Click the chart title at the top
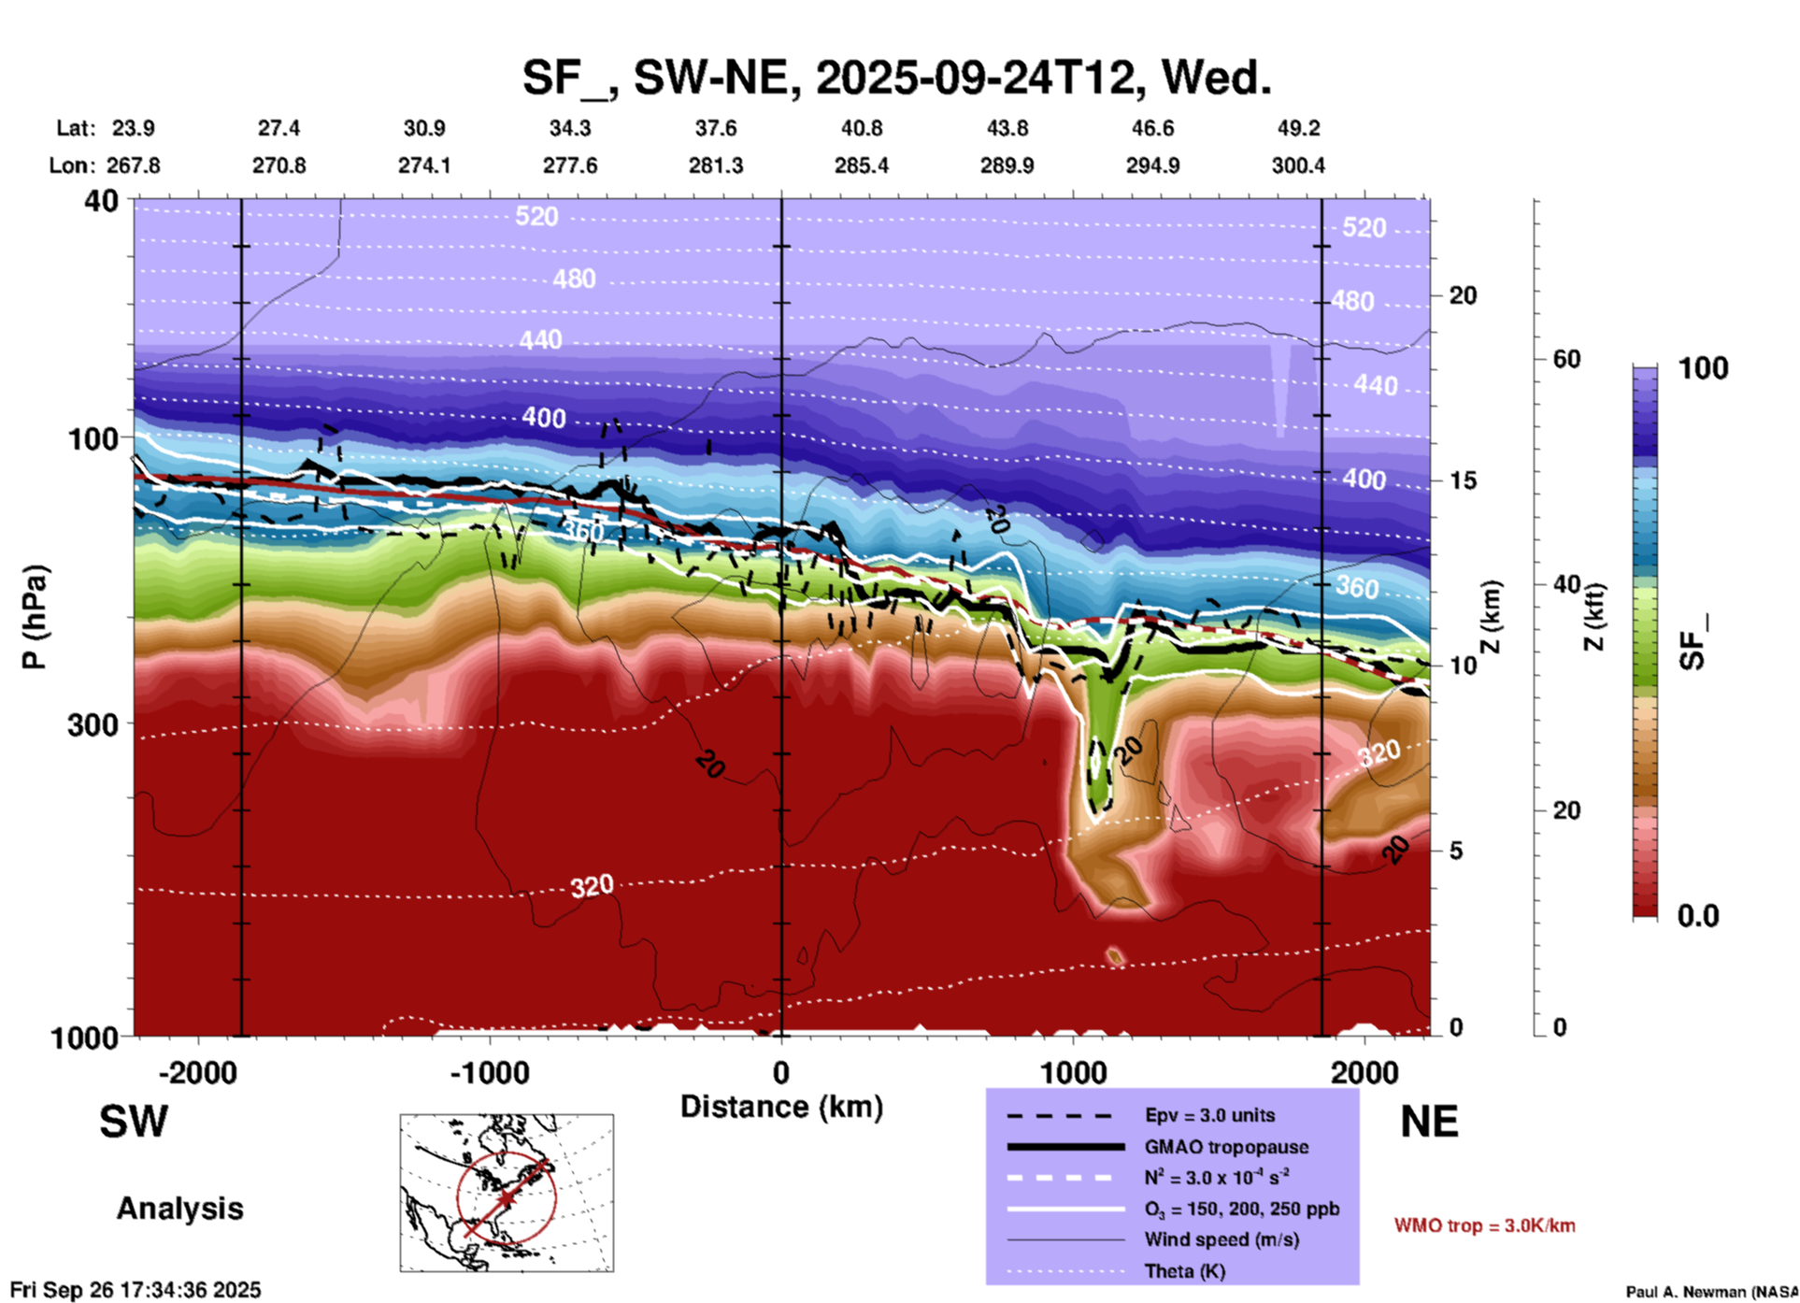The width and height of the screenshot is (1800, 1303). click(896, 78)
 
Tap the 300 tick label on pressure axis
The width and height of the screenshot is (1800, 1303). click(93, 724)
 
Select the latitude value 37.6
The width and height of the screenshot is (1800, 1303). click(715, 128)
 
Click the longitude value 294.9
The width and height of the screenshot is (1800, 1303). click(1151, 165)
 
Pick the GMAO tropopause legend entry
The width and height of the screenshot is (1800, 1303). click(1226, 1147)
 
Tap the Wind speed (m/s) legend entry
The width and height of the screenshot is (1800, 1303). click(1208, 1239)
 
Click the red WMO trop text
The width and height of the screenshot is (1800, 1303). click(1484, 1225)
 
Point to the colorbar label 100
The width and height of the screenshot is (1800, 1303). click(1703, 368)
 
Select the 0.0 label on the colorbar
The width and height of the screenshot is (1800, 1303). click(1698, 916)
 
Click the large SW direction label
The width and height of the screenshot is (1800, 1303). click(134, 1122)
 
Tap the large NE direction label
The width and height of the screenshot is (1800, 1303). click(1428, 1122)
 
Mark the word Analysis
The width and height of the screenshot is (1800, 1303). click(179, 1209)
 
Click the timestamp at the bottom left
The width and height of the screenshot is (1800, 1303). click(136, 1290)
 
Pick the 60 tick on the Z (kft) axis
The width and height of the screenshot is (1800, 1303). click(1566, 359)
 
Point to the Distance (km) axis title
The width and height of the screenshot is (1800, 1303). click(781, 1107)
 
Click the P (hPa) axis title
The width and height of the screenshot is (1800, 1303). click(34, 617)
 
